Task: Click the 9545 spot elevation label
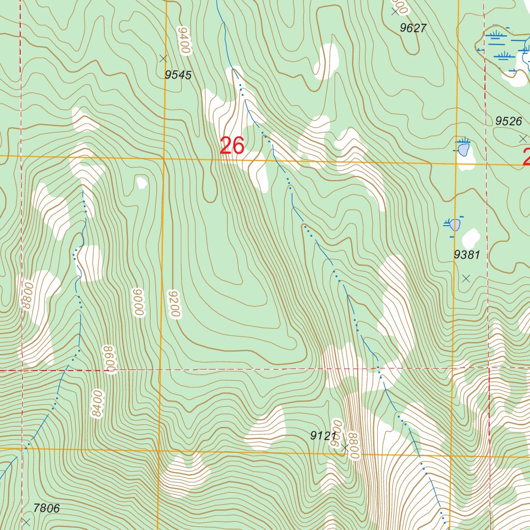coord(178,76)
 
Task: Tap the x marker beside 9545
coord(164,58)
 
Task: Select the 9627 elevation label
coord(413,28)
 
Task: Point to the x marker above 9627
coord(396,11)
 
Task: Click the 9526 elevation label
coord(508,121)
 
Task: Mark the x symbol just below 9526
coord(522,138)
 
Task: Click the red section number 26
coord(232,146)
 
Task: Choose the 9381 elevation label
coord(467,255)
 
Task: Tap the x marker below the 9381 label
coord(466,278)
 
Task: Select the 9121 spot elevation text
coord(323,436)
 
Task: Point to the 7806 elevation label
coord(47,509)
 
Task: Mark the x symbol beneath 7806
coord(26,522)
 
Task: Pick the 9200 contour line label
coord(174,304)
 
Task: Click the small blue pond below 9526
coord(464,150)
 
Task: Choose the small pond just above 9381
coord(455,225)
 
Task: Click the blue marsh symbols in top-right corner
coord(502,47)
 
